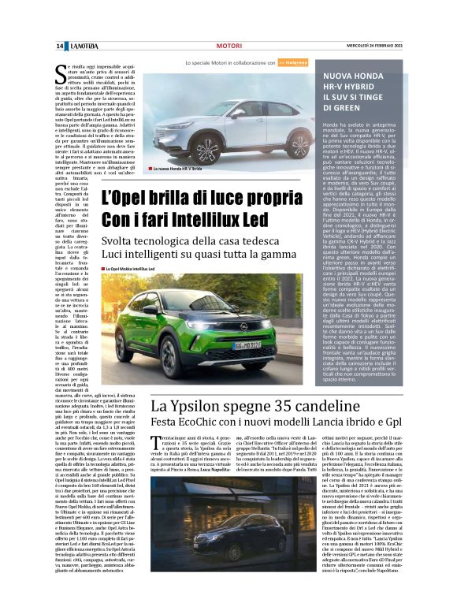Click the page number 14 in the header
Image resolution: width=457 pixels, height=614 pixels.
click(60, 46)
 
